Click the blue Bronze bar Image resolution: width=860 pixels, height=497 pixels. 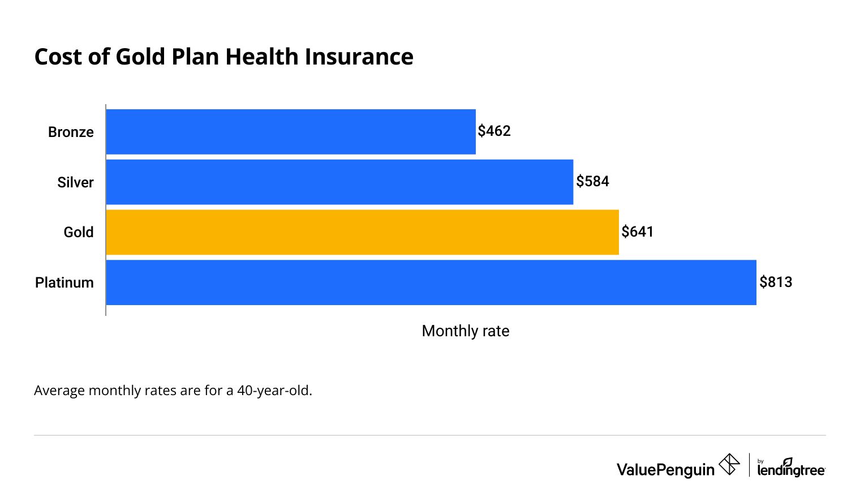click(x=291, y=131)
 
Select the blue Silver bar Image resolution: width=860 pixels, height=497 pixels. click(x=339, y=182)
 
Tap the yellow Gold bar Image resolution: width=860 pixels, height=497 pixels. click(x=362, y=232)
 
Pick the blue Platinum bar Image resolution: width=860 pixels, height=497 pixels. click(x=431, y=282)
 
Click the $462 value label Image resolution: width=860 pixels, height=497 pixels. click(x=494, y=131)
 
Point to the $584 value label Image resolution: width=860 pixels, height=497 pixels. click(x=592, y=182)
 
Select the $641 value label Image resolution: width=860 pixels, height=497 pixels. click(x=637, y=232)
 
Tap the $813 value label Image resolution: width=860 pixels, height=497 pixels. click(x=776, y=282)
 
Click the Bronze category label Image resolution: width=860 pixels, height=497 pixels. click(x=71, y=132)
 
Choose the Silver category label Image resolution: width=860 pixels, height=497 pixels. click(x=75, y=183)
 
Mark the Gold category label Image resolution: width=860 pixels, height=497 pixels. click(x=78, y=233)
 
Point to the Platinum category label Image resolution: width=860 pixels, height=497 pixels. click(x=64, y=283)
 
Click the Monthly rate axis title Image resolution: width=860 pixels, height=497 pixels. click(x=465, y=331)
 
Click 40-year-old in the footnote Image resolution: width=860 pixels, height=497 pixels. click(x=274, y=391)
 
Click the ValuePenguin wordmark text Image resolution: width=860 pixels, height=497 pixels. click(x=665, y=470)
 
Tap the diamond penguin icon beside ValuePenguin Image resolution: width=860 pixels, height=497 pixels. click(x=729, y=465)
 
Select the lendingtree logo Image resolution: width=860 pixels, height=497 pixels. click(x=790, y=468)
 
